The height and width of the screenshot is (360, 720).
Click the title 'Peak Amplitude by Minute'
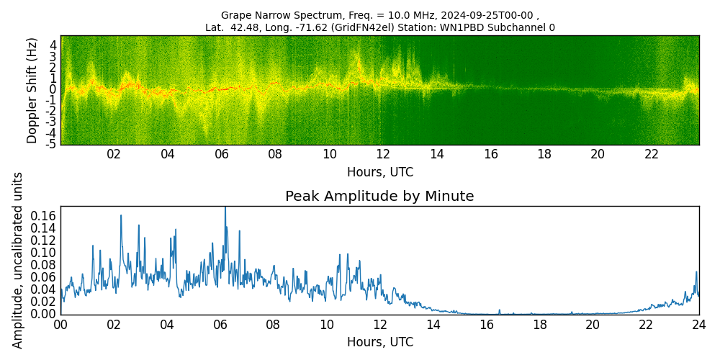click(x=379, y=197)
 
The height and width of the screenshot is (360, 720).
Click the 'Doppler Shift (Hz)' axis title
click(x=32, y=90)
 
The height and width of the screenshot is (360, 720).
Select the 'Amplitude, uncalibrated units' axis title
click(x=18, y=260)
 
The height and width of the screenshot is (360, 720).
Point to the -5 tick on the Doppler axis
click(x=52, y=144)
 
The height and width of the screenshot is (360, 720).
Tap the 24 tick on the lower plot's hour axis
click(x=698, y=325)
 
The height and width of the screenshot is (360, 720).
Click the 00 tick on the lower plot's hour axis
click(x=60, y=325)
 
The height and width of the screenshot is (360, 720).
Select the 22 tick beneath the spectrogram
click(x=652, y=154)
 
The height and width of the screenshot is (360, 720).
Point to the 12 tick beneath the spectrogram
click(x=383, y=154)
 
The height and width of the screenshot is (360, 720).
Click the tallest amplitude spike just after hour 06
click(x=225, y=209)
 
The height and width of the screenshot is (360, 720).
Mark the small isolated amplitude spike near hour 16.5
click(x=499, y=310)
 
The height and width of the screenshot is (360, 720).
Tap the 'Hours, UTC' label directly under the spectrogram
click(x=379, y=172)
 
